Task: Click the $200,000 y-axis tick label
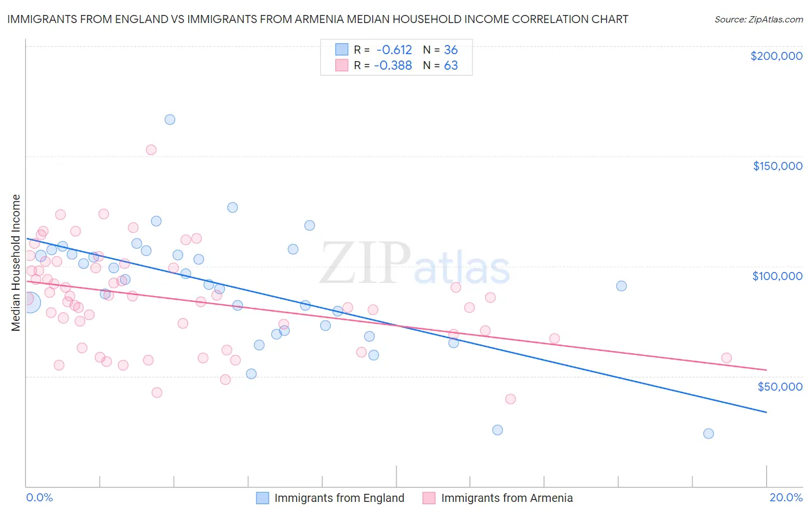(776, 56)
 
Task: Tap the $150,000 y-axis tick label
(777, 166)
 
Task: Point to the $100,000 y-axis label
(777, 276)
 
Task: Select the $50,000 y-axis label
(779, 386)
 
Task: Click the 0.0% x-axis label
(39, 497)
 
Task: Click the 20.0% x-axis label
(786, 497)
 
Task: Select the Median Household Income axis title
(16, 263)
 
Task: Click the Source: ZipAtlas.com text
(758, 20)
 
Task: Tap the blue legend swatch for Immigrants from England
(263, 498)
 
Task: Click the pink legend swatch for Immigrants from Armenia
(429, 498)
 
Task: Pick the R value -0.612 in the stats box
(394, 50)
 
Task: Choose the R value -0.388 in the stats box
(393, 65)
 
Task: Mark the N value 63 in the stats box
(451, 65)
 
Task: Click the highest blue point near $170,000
(170, 120)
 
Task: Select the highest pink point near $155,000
(151, 150)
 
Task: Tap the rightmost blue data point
(709, 433)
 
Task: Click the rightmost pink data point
(726, 358)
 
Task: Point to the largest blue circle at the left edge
(30, 302)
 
